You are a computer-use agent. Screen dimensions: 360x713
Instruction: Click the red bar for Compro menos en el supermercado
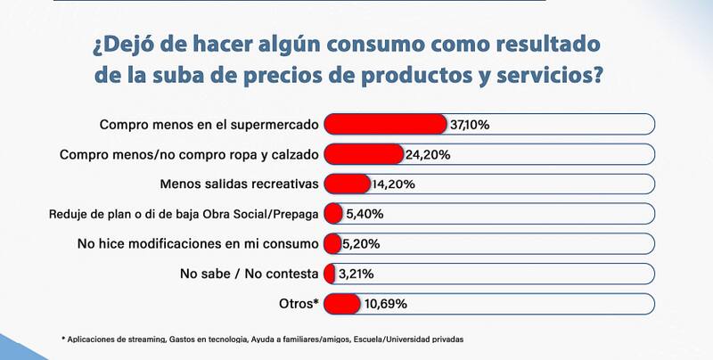pyautogui.click(x=385, y=124)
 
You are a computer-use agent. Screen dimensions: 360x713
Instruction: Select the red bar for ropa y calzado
pyautogui.click(x=363, y=154)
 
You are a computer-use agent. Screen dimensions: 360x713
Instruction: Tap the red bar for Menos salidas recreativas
pyautogui.click(x=347, y=184)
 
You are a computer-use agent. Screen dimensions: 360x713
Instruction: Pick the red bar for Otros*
pyautogui.click(x=342, y=304)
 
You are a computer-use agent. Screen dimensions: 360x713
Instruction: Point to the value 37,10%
pyautogui.click(x=470, y=125)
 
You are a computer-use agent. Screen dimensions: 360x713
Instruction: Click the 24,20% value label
pyautogui.click(x=429, y=155)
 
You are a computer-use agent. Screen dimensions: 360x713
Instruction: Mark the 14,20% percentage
pyautogui.click(x=393, y=185)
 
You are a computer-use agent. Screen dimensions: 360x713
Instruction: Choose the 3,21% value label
pyautogui.click(x=355, y=274)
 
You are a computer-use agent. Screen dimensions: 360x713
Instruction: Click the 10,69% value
pyautogui.click(x=385, y=304)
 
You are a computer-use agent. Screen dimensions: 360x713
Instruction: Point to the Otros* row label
pyautogui.click(x=297, y=304)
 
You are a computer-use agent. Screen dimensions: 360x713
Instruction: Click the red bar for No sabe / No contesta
pyautogui.click(x=329, y=274)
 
